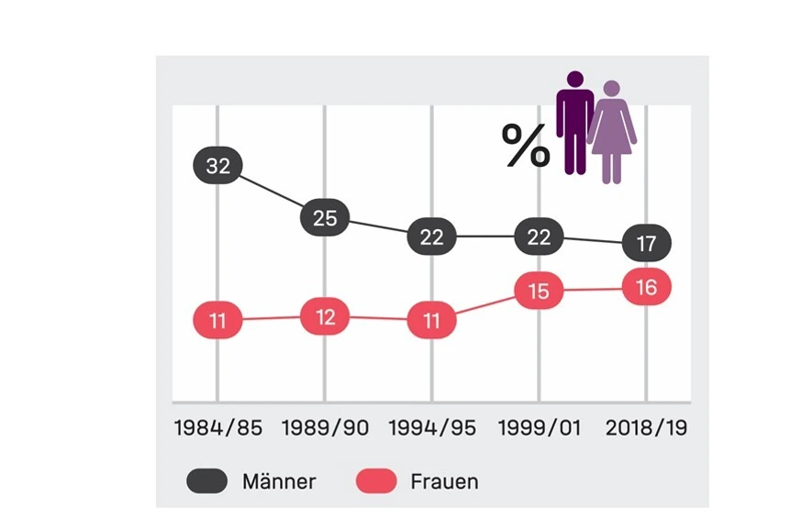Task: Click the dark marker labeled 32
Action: click(217, 166)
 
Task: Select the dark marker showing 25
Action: click(325, 218)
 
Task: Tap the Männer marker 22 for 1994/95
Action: click(431, 236)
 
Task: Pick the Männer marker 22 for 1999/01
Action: click(539, 236)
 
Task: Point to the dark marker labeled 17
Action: click(646, 244)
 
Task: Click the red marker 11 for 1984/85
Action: click(217, 321)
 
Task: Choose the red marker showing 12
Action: click(325, 317)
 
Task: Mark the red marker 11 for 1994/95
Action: click(431, 321)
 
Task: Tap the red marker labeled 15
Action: click(539, 291)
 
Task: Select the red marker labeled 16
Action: click(646, 288)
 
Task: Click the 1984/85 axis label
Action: click(217, 428)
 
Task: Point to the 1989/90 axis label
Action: click(325, 428)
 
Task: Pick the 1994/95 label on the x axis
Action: click(432, 428)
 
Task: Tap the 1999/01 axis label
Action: click(539, 428)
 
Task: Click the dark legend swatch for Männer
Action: click(207, 481)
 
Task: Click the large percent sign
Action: click(526, 146)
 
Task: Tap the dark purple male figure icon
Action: click(575, 122)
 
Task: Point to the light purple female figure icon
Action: click(612, 131)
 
